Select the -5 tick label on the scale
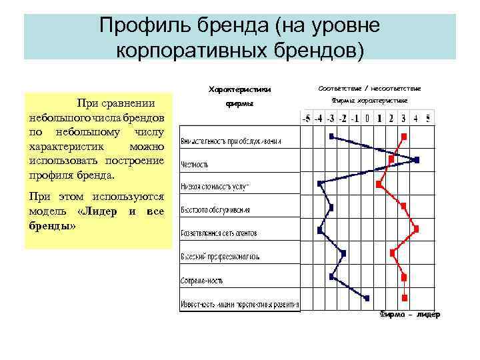pyautogui.click(x=307, y=119)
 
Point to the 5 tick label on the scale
pyautogui.click(x=427, y=119)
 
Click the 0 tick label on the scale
pyautogui.click(x=367, y=119)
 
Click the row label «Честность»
pyautogui.click(x=195, y=164)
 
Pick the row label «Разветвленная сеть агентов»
pyautogui.click(x=219, y=233)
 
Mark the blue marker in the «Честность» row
pyautogui.click(x=417, y=160)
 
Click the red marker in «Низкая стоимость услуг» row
pyautogui.click(x=379, y=183)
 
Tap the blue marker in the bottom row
pyautogui.click(x=367, y=298)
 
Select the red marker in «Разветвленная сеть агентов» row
pyautogui.click(x=417, y=229)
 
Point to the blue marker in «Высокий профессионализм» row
pyautogui.click(x=343, y=252)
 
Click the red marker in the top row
pyautogui.click(x=404, y=136)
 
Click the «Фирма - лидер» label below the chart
pyautogui.click(x=409, y=315)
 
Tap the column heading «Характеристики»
pyautogui.click(x=240, y=89)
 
